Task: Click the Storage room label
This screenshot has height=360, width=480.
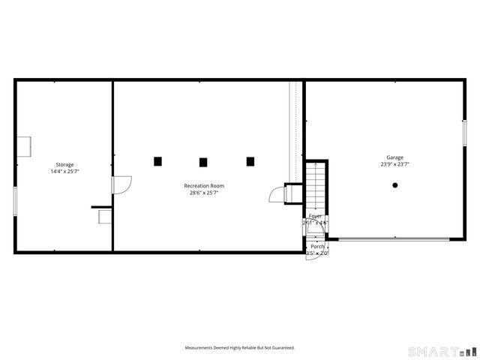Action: click(64, 164)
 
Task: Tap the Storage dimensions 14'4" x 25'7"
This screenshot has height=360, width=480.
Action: click(64, 172)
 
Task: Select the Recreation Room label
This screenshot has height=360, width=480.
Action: click(204, 185)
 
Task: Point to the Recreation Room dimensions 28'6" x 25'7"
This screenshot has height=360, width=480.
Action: click(204, 193)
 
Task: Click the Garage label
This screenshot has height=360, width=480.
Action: click(394, 157)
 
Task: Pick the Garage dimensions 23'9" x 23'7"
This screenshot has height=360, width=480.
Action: click(394, 164)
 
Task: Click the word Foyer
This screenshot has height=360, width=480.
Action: click(316, 216)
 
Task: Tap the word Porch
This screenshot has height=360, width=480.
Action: click(318, 246)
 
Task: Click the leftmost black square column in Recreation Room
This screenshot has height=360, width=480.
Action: click(157, 160)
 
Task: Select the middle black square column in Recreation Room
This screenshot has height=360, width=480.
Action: click(203, 161)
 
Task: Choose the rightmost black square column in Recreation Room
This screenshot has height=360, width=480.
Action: click(250, 160)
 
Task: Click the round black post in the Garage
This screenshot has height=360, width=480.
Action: click(395, 185)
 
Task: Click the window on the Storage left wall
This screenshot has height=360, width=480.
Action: click(15, 201)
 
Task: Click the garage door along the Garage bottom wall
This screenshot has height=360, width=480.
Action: click(393, 239)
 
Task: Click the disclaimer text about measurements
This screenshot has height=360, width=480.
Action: click(240, 348)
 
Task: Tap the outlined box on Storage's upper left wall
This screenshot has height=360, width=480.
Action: click(24, 145)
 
